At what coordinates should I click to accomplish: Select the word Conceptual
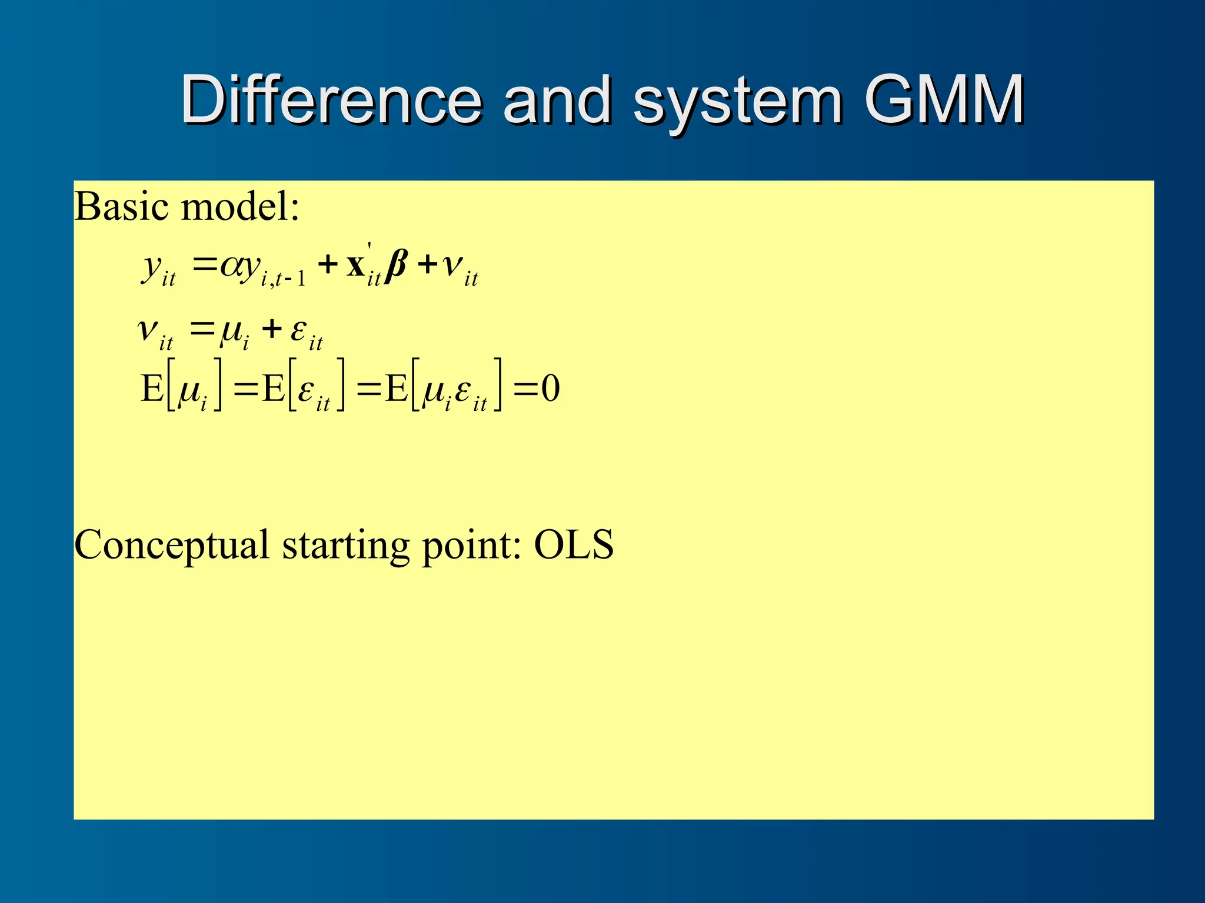pyautogui.click(x=171, y=546)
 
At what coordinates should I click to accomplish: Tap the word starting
pyautogui.click(x=345, y=546)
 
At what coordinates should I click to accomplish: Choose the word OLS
pyautogui.click(x=574, y=544)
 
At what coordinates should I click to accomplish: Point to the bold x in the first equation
pyautogui.click(x=355, y=266)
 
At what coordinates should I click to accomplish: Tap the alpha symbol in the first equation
pyautogui.click(x=230, y=266)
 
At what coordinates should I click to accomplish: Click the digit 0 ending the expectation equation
pyautogui.click(x=550, y=389)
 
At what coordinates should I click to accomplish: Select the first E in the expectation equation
pyautogui.click(x=152, y=389)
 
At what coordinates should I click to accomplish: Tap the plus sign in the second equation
pyautogui.click(x=272, y=328)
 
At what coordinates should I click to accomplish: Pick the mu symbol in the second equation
pyautogui.click(x=231, y=330)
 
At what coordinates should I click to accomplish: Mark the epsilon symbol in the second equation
pyautogui.click(x=299, y=329)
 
